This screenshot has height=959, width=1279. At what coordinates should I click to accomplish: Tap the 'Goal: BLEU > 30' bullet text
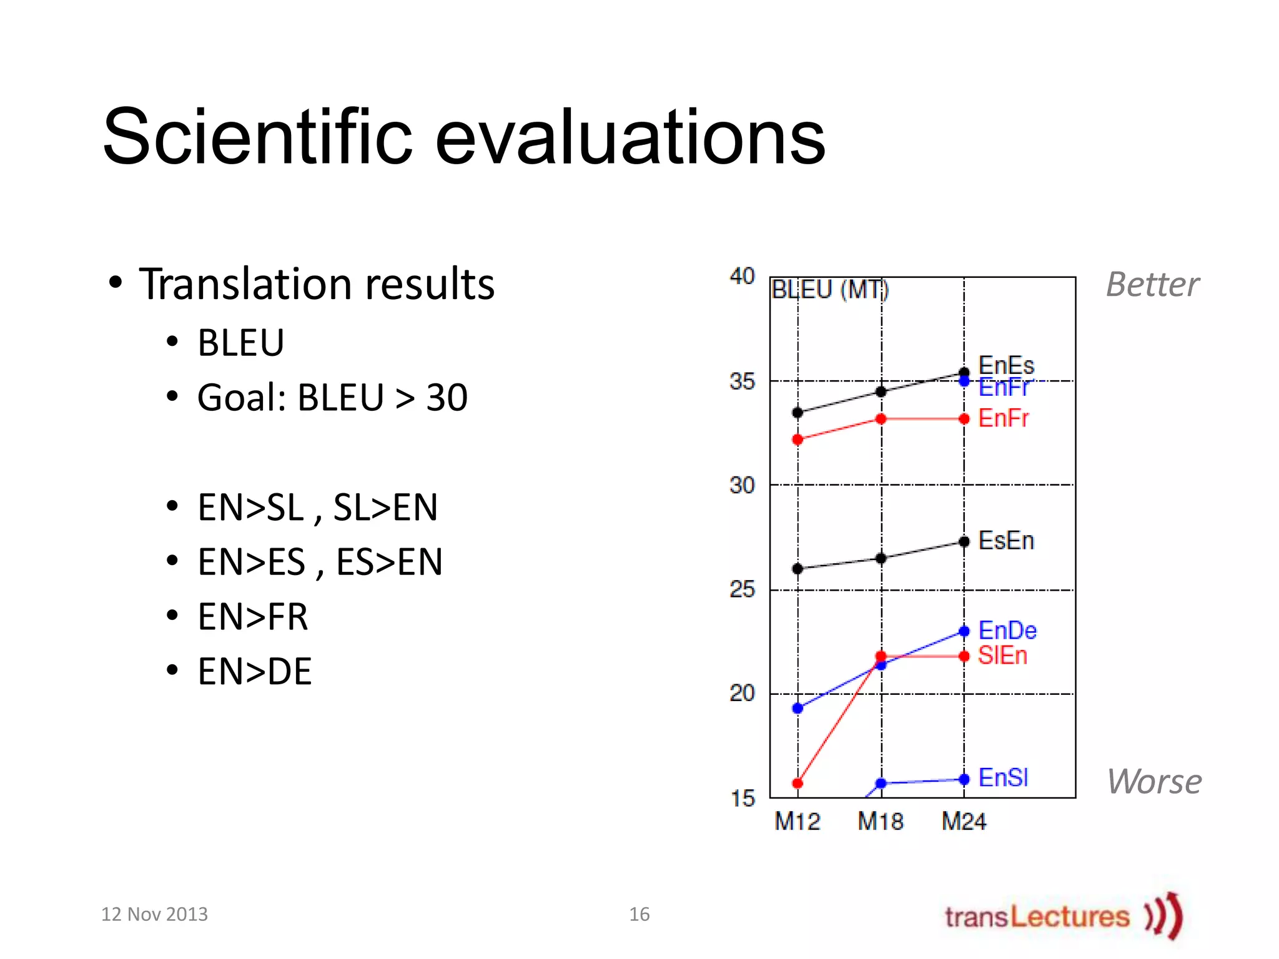pos(332,398)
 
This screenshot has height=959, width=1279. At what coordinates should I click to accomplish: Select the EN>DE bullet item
pos(254,672)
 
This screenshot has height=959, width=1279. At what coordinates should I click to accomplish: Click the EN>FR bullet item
pos(252,617)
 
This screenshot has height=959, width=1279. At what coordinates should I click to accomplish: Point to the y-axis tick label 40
pos(742,276)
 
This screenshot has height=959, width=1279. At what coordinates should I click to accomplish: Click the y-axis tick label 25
pos(742,589)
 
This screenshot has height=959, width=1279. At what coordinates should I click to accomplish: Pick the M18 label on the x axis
pos(881,822)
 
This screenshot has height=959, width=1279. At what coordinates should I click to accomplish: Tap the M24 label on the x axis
pos(964,822)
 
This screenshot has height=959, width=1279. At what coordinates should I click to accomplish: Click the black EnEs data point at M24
pos(964,373)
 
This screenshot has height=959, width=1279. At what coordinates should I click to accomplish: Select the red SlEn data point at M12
pos(798,783)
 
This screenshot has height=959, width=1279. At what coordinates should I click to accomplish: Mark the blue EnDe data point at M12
pos(798,708)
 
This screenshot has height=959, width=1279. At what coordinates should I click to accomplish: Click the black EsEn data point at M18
pos(881,558)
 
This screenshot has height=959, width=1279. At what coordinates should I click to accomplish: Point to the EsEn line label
pos(1006,541)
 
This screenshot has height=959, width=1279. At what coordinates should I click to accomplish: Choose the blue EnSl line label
pos(1003,778)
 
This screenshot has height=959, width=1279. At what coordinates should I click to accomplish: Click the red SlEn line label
pos(1002,656)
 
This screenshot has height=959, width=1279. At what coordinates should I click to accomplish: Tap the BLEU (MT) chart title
pos(830,290)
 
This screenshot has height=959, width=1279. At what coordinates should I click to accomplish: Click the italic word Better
pos(1152,285)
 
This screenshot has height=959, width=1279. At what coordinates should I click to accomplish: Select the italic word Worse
pos(1154,782)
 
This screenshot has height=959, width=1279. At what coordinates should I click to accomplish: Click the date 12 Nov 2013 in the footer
pos(154,915)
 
